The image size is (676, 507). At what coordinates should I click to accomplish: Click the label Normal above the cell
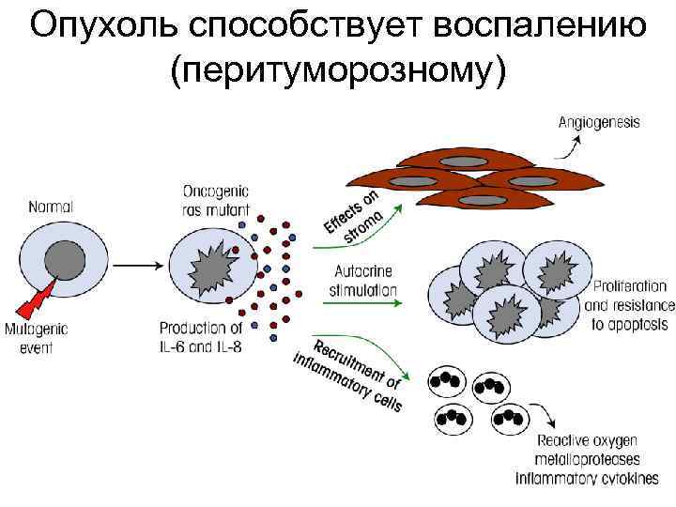pyautogui.click(x=52, y=205)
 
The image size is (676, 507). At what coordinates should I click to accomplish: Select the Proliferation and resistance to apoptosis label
pyautogui.click(x=628, y=303)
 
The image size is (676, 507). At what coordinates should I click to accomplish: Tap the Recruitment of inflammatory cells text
pyautogui.click(x=349, y=373)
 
